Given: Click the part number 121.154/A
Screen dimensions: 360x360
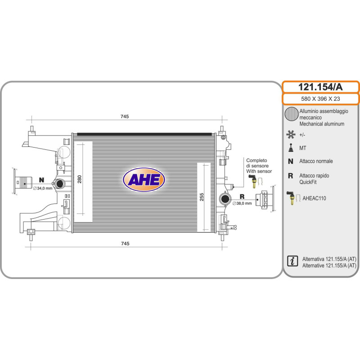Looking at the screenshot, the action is [320, 87].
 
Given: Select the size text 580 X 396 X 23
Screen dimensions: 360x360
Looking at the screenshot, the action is [320, 99].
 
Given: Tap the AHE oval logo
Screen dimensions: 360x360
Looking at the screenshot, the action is [144, 180].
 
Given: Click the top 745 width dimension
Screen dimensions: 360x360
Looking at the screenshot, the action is [125, 117].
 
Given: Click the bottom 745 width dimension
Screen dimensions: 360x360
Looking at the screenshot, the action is [125, 243].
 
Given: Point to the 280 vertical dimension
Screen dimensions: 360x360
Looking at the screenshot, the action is [80, 179].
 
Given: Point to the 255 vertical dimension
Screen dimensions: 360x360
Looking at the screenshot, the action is [202, 197].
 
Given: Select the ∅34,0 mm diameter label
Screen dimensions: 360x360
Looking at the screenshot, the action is [43, 188].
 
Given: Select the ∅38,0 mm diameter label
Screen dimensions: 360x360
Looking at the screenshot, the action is [242, 203].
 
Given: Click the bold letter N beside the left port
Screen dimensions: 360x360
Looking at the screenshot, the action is [41, 180].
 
